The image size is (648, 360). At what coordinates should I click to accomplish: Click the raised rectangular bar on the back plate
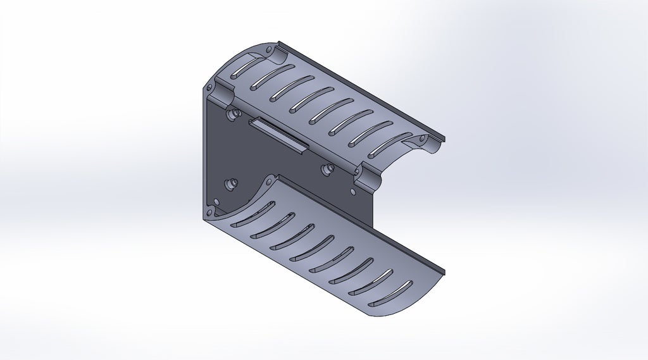point(278,134)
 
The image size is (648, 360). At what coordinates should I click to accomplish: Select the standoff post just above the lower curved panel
point(231,183)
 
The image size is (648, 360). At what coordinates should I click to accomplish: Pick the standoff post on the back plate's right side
point(328,168)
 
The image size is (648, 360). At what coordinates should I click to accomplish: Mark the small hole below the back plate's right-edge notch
point(347,187)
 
